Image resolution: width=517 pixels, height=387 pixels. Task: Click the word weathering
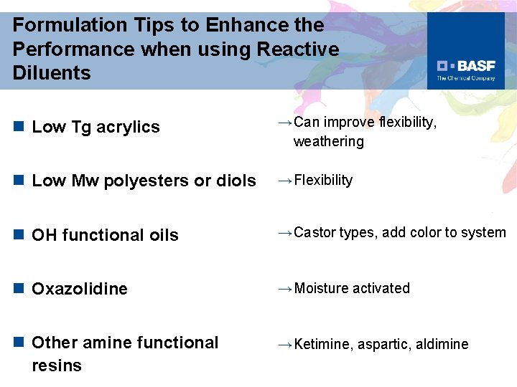[x=328, y=142]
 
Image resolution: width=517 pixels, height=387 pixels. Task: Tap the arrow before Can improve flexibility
[x=284, y=123]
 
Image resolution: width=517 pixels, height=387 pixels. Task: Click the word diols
[x=234, y=181]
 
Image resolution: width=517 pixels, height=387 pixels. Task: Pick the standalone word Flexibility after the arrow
[x=323, y=180]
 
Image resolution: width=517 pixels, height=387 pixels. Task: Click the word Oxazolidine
[x=80, y=289]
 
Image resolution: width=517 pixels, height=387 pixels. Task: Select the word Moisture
[x=321, y=288]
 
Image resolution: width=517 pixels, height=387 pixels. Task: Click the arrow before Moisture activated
[x=284, y=288]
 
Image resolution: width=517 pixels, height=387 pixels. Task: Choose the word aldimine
[x=442, y=345]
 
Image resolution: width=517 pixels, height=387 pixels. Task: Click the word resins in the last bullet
[x=57, y=365]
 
